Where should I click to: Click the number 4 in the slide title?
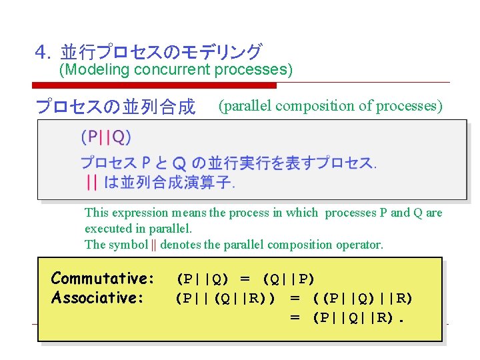click(x=41, y=52)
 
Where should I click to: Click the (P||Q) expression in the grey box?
click(x=106, y=137)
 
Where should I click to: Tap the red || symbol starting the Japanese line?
click(x=93, y=181)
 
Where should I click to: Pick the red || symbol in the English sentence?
click(x=154, y=245)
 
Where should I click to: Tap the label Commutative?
click(x=103, y=278)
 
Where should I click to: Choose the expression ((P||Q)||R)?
click(x=362, y=298)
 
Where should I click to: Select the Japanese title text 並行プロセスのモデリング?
click(x=161, y=52)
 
